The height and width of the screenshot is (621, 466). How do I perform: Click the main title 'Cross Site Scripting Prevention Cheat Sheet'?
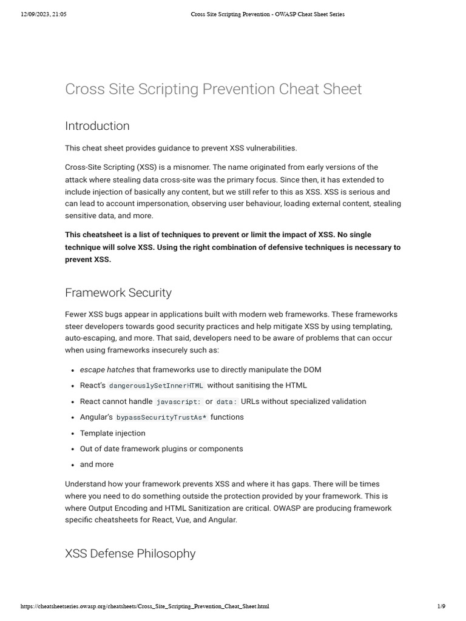[x=213, y=89]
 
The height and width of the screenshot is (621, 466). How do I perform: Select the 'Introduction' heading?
[x=97, y=126]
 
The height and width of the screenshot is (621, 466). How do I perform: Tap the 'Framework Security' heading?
[x=118, y=293]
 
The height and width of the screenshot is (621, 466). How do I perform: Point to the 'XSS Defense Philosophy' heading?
[x=130, y=554]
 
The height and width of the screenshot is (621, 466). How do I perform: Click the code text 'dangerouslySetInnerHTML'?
[x=156, y=386]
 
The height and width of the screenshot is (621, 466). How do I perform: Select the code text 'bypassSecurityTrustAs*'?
[x=161, y=417]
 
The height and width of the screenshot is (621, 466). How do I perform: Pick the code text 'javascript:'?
[x=178, y=401]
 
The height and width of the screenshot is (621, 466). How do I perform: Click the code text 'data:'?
[x=226, y=401]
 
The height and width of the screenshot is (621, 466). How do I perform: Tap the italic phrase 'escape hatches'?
[x=107, y=370]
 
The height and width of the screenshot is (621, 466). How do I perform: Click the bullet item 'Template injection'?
[x=112, y=433]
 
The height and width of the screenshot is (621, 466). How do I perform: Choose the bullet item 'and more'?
[x=96, y=465]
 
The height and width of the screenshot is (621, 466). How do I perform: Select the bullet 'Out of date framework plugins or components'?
[x=161, y=449]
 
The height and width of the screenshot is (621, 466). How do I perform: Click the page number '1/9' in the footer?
[x=441, y=606]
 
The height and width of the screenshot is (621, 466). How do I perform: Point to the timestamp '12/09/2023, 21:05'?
[x=43, y=14]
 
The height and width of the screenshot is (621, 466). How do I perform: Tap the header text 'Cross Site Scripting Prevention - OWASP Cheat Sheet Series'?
[x=267, y=14]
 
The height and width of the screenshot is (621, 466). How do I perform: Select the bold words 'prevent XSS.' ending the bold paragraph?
[x=88, y=260]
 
